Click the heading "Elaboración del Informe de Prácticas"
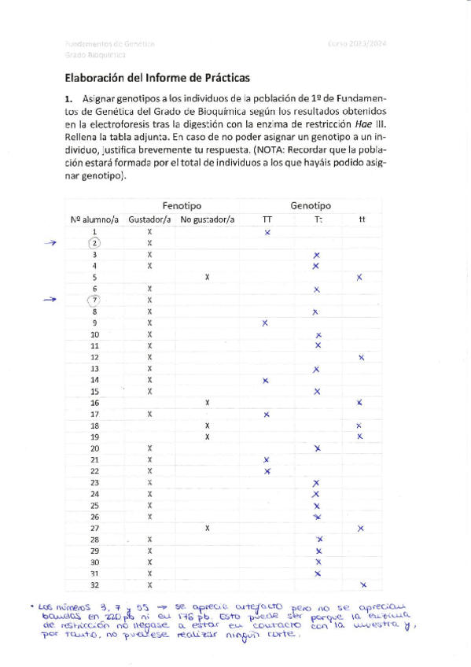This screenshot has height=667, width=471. [157, 78]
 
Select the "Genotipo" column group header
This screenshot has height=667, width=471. [311, 205]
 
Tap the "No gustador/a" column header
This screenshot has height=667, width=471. [207, 219]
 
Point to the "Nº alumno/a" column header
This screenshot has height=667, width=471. [95, 219]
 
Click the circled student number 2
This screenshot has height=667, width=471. [94, 243]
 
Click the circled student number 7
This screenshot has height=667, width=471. [94, 300]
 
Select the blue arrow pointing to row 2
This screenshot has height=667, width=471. [51, 243]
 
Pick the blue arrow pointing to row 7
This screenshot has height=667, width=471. [51, 300]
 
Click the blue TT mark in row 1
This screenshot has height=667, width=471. [267, 233]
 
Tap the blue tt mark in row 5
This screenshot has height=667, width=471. [359, 278]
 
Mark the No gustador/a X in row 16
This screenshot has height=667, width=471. [207, 403]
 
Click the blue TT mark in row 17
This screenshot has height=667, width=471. [267, 415]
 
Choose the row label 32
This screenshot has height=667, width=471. [94, 585]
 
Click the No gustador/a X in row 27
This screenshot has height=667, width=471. [207, 528]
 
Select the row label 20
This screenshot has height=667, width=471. [94, 448]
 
